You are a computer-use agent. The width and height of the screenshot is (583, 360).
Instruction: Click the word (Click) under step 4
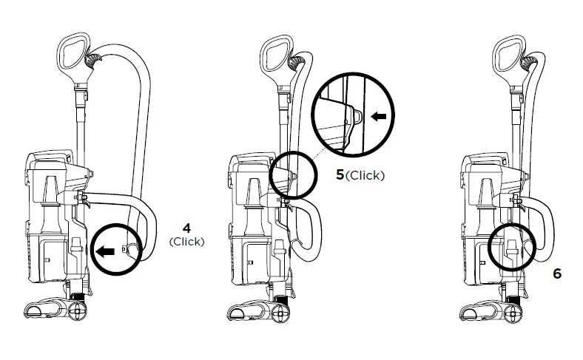coord(186,242)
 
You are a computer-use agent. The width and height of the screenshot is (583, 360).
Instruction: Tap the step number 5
coord(340,176)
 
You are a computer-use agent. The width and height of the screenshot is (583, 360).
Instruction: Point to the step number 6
coord(557,274)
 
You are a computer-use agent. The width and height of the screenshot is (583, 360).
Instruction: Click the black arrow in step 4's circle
coord(106,251)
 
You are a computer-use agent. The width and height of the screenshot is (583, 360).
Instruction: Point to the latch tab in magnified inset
coord(355,116)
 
